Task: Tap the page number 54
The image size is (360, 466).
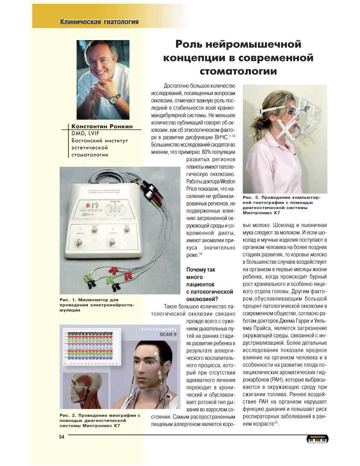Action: tap(61, 436)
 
